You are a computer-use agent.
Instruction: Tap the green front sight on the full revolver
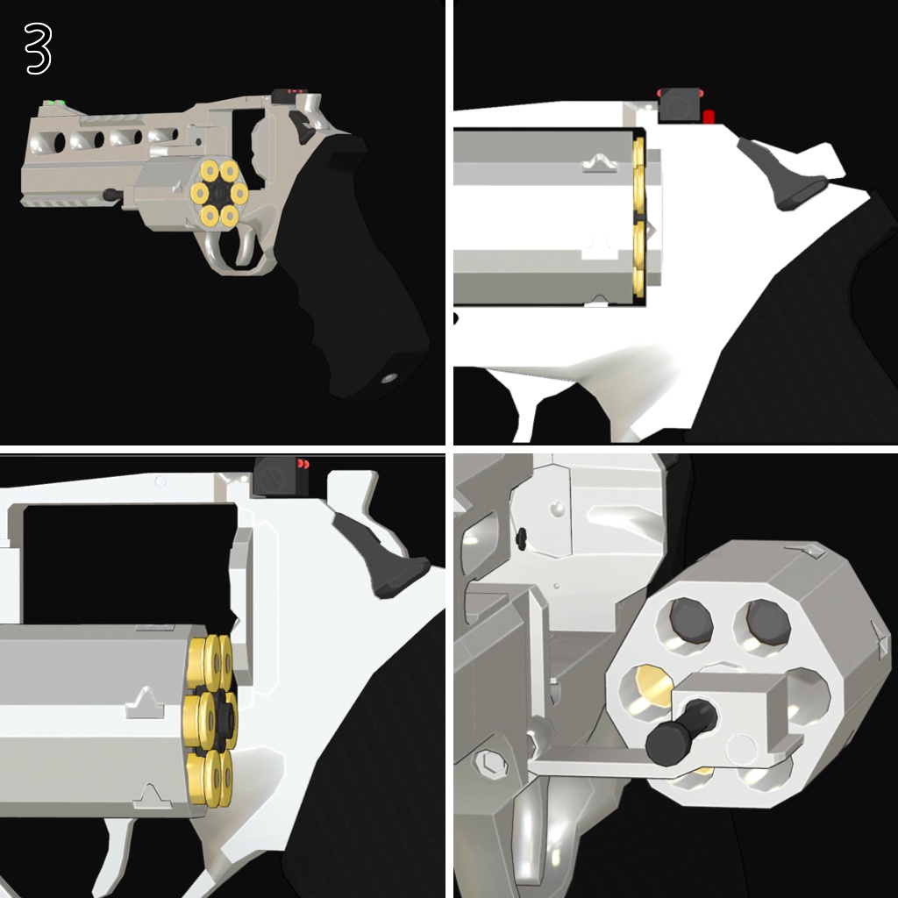[x=59, y=103]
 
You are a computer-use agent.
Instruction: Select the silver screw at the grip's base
[x=388, y=378]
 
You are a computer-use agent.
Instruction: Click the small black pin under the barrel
[x=110, y=194]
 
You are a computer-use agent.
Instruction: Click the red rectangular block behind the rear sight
[x=709, y=116]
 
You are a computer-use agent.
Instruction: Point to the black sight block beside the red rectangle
[x=680, y=103]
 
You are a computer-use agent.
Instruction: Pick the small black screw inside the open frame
[x=521, y=535]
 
